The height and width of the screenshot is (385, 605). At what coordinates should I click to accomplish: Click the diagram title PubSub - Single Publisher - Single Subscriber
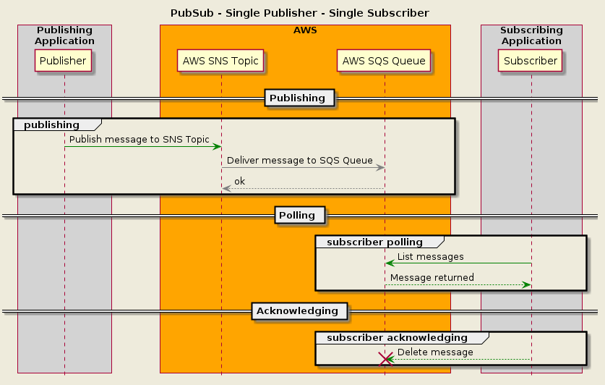pos(299,13)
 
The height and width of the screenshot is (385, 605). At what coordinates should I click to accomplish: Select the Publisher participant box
pos(64,61)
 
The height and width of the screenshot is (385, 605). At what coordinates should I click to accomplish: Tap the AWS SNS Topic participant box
pos(220,61)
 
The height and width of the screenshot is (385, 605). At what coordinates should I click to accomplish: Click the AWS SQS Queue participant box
pos(384,61)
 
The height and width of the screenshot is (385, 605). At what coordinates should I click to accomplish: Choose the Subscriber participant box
pos(531,61)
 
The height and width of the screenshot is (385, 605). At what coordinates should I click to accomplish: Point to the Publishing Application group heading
pos(64,35)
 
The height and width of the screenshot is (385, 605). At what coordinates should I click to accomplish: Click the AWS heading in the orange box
pos(305,30)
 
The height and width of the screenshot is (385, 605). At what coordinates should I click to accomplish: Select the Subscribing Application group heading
pos(531,35)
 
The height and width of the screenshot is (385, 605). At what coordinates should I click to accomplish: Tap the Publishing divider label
pos(299,98)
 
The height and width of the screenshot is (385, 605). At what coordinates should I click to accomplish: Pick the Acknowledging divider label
pos(299,310)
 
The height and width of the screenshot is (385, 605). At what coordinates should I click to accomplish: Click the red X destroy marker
pos(385,359)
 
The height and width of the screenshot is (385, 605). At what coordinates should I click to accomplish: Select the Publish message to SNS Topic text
pos(140,139)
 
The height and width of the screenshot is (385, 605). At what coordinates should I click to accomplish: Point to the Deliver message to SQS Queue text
pos(300,161)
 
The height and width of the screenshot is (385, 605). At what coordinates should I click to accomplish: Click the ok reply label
pos(239,181)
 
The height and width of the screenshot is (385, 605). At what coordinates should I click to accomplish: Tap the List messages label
pos(431,256)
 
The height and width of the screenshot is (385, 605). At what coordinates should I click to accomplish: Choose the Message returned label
pos(432,277)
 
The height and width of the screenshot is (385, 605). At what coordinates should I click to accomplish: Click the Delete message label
pos(435,352)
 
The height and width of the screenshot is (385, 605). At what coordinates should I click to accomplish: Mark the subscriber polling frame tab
pos(374,242)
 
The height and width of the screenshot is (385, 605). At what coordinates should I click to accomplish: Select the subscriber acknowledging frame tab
pos(397,337)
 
